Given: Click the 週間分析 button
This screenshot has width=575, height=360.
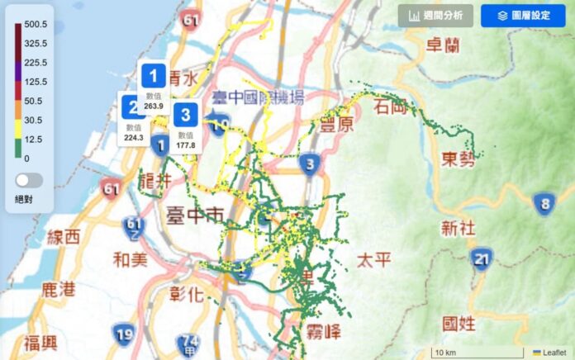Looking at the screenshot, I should pyautogui.click(x=435, y=16).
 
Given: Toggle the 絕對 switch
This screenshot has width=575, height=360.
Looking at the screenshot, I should pyautogui.click(x=29, y=180).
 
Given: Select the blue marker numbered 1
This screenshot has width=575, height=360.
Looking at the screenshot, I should pyautogui.click(x=153, y=76).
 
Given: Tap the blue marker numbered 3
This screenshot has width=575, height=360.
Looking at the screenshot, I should pyautogui.click(x=187, y=115).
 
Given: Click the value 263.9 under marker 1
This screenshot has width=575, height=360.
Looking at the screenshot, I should pyautogui.click(x=154, y=106).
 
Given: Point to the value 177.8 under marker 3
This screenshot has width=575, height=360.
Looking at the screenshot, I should pyautogui.click(x=186, y=145).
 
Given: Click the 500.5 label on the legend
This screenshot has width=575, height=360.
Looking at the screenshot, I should pyautogui.click(x=35, y=25).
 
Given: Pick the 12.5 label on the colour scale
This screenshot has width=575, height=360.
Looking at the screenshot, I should pyautogui.click(x=35, y=139).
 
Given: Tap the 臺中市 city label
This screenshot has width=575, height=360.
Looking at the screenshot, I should pyautogui.click(x=195, y=216).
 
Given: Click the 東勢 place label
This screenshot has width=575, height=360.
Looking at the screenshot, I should pyautogui.click(x=459, y=159).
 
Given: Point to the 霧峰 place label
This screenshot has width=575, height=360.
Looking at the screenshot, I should pyautogui.click(x=324, y=333).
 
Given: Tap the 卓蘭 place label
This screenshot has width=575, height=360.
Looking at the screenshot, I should pyautogui.click(x=441, y=45).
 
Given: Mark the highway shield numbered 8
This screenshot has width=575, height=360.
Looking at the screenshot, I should pyautogui.click(x=544, y=203).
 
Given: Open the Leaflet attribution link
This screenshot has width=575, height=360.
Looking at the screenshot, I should pyautogui.click(x=554, y=353).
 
